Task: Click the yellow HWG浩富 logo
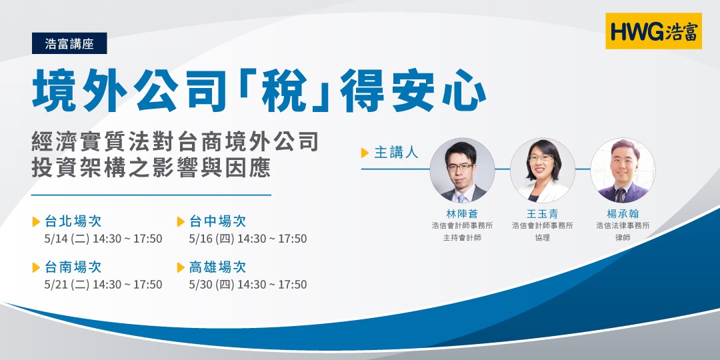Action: [653, 31]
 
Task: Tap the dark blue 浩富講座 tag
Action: [69, 44]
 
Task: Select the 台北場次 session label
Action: [73, 221]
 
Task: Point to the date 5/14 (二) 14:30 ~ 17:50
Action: [102, 239]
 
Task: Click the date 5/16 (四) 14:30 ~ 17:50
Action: [248, 239]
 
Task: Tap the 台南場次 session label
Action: [73, 267]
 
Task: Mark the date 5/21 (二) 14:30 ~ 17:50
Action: [102, 285]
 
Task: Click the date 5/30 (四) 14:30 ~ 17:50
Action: [248, 285]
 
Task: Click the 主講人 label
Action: [395, 153]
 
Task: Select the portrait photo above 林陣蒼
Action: [462, 171]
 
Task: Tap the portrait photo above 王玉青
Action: [542, 171]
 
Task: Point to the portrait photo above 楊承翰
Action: [623, 171]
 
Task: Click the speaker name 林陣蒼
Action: [462, 213]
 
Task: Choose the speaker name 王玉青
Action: [542, 213]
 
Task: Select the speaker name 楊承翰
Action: [623, 213]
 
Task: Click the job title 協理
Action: [542, 237]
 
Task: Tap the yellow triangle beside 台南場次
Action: [36, 268]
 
